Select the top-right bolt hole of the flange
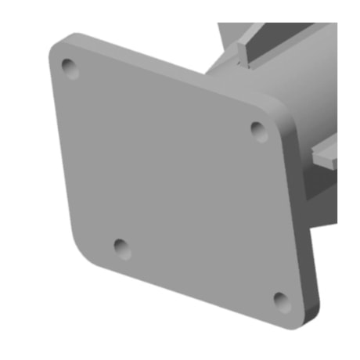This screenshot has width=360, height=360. click(x=259, y=131)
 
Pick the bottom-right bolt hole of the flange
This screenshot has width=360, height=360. click(x=281, y=300)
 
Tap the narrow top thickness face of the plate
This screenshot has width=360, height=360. click(x=172, y=67)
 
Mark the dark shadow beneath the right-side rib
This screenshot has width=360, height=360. click(x=325, y=184)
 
